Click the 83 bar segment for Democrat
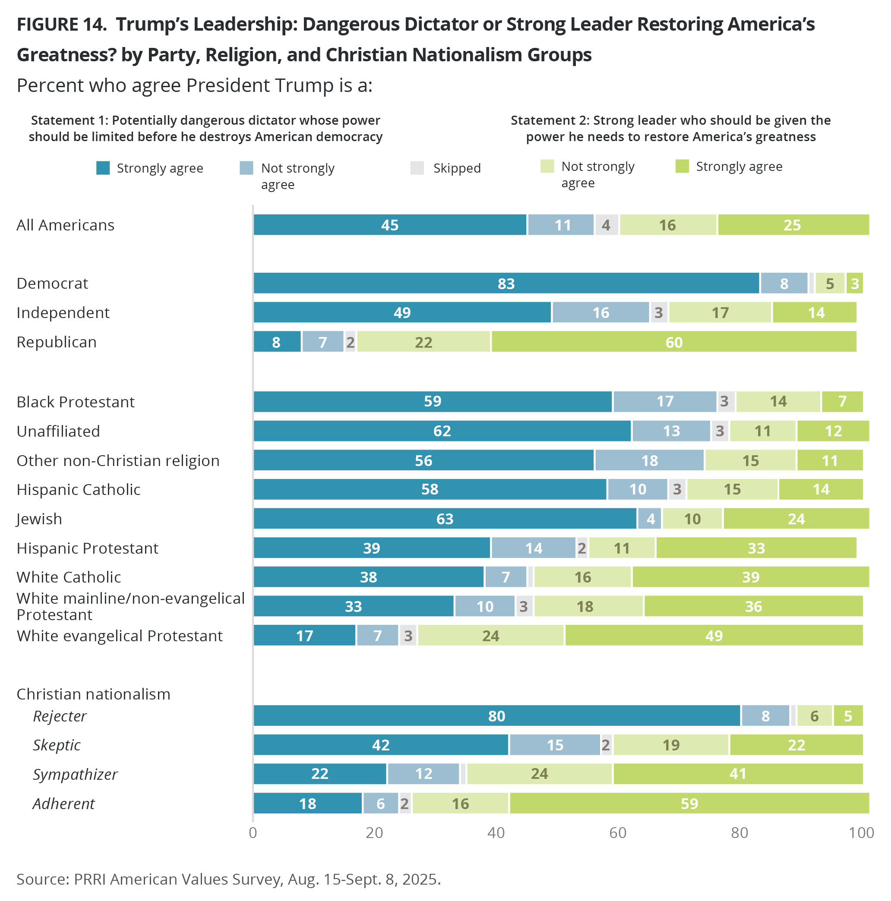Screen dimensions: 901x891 506,283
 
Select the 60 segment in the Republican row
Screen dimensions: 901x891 673,342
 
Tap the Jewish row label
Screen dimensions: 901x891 39,519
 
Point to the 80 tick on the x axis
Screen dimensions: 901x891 739,832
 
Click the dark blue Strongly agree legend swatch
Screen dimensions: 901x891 103,168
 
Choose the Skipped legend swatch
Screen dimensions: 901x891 417,168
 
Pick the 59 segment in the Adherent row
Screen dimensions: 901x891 689,803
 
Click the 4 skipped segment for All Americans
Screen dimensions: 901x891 606,225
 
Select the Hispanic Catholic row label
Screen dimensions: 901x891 79,489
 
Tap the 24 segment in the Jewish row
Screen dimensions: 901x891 796,519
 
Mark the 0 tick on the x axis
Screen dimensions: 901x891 253,832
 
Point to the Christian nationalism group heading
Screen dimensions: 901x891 93,694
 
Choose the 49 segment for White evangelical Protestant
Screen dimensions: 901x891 714,635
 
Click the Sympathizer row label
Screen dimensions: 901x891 75,774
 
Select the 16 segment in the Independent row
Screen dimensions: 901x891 600,312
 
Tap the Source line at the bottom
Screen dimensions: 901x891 229,879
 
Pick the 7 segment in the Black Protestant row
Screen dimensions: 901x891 842,401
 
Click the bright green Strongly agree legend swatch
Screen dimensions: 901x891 682,166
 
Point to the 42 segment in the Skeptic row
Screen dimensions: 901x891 381,745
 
